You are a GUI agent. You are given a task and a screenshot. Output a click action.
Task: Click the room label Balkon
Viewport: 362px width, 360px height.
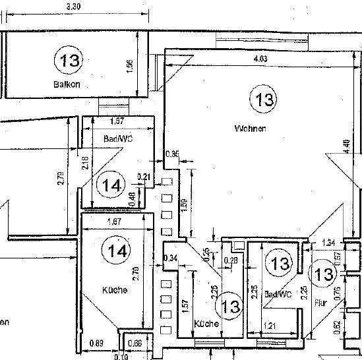67,85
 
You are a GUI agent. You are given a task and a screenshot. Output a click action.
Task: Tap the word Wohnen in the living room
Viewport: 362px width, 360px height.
250,129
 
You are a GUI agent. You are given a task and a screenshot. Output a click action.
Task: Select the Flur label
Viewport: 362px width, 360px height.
320,303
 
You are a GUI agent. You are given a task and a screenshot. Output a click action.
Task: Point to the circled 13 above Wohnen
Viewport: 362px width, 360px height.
263,100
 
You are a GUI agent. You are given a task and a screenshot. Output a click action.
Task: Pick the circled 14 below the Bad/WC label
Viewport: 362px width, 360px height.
111,185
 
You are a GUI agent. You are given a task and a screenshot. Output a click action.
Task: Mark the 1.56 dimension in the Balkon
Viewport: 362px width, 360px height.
130,67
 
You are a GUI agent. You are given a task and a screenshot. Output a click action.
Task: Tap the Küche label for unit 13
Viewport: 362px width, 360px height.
206,325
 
